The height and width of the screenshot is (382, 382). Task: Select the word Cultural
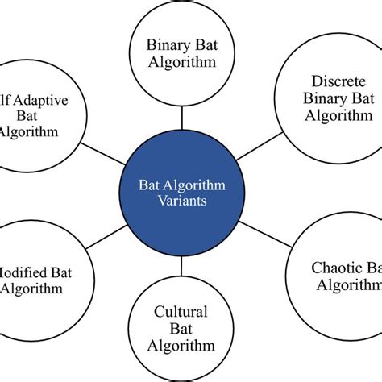(x=182, y=311)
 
